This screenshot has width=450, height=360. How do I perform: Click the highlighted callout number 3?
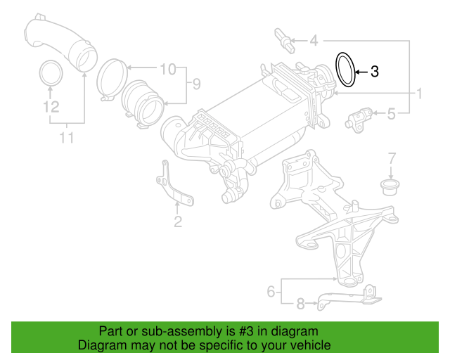point(375,72)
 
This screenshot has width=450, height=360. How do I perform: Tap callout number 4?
point(314,41)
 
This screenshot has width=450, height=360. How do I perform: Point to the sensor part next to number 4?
point(284,41)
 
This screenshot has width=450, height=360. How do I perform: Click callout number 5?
point(391,114)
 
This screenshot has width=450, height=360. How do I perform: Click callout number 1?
point(420,94)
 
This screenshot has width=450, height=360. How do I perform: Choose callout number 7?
point(392,158)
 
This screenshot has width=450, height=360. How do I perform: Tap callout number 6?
point(271,291)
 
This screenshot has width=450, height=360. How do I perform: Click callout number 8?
point(300,304)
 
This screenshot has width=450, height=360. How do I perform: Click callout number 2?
point(178,221)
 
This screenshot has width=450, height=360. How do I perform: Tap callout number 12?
point(51,106)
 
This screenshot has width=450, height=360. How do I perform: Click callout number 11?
point(67,138)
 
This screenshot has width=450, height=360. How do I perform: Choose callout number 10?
point(167,69)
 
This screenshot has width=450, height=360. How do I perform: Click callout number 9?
point(196,84)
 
